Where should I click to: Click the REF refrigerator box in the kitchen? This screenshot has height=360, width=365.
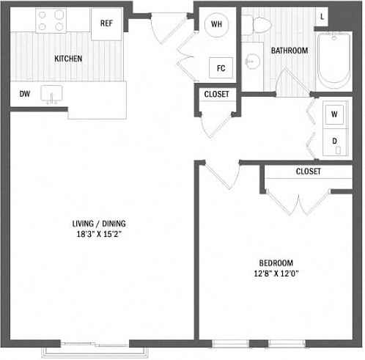(106, 23)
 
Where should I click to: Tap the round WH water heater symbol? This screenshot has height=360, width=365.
(216, 24)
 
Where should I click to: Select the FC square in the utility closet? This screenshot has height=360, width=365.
(221, 68)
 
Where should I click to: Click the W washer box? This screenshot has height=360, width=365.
(334, 114)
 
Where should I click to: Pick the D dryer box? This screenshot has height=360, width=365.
(335, 142)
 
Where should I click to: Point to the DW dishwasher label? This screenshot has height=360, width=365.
(25, 94)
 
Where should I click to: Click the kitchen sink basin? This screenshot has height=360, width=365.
(51, 94)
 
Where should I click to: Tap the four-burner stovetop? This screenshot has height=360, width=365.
(51, 21)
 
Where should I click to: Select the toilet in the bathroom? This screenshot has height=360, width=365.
(259, 25)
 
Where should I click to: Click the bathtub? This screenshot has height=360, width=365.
(334, 61)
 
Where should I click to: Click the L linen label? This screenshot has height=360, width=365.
(322, 17)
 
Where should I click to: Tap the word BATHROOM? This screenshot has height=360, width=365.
(290, 51)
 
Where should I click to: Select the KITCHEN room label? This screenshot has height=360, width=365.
(68, 59)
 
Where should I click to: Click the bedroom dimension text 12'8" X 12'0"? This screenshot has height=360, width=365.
(276, 273)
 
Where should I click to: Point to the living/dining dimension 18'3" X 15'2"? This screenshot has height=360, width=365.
(99, 234)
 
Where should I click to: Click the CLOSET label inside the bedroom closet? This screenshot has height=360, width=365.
(309, 172)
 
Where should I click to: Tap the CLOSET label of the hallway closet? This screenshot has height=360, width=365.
(216, 94)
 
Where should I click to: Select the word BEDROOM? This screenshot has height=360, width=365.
(276, 263)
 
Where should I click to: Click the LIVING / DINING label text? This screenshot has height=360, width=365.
(99, 224)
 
